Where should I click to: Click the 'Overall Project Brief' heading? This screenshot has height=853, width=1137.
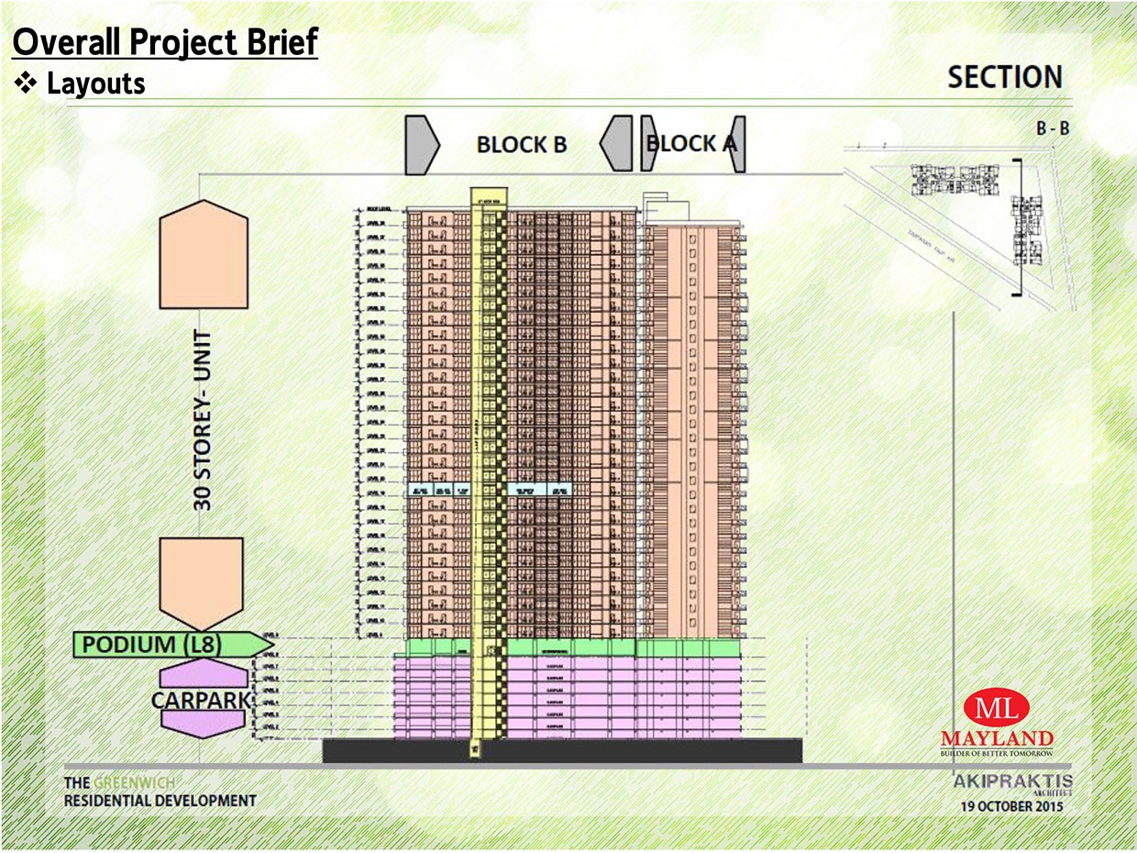pyautogui.click(x=165, y=43)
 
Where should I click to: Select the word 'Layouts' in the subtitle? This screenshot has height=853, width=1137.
pyautogui.click(x=95, y=84)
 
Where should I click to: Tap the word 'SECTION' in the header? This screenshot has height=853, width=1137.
pyautogui.click(x=1005, y=77)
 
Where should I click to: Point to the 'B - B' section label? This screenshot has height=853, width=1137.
pyautogui.click(x=1053, y=129)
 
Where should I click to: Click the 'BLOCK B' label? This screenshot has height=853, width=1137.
pyautogui.click(x=522, y=145)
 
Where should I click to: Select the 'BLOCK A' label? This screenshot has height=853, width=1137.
pyautogui.click(x=691, y=143)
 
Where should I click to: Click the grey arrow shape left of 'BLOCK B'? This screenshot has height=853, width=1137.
pyautogui.click(x=420, y=144)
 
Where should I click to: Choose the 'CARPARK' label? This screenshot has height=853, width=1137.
pyautogui.click(x=201, y=700)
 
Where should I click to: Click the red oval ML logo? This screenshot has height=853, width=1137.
pyautogui.click(x=997, y=709)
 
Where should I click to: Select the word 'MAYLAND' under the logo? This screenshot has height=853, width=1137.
pyautogui.click(x=997, y=738)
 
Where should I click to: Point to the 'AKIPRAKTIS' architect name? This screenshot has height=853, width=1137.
pyautogui.click(x=1012, y=782)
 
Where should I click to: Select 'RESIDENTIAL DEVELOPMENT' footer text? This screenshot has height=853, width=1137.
pyautogui.click(x=160, y=801)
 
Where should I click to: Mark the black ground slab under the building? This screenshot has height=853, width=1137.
pyautogui.click(x=562, y=750)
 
